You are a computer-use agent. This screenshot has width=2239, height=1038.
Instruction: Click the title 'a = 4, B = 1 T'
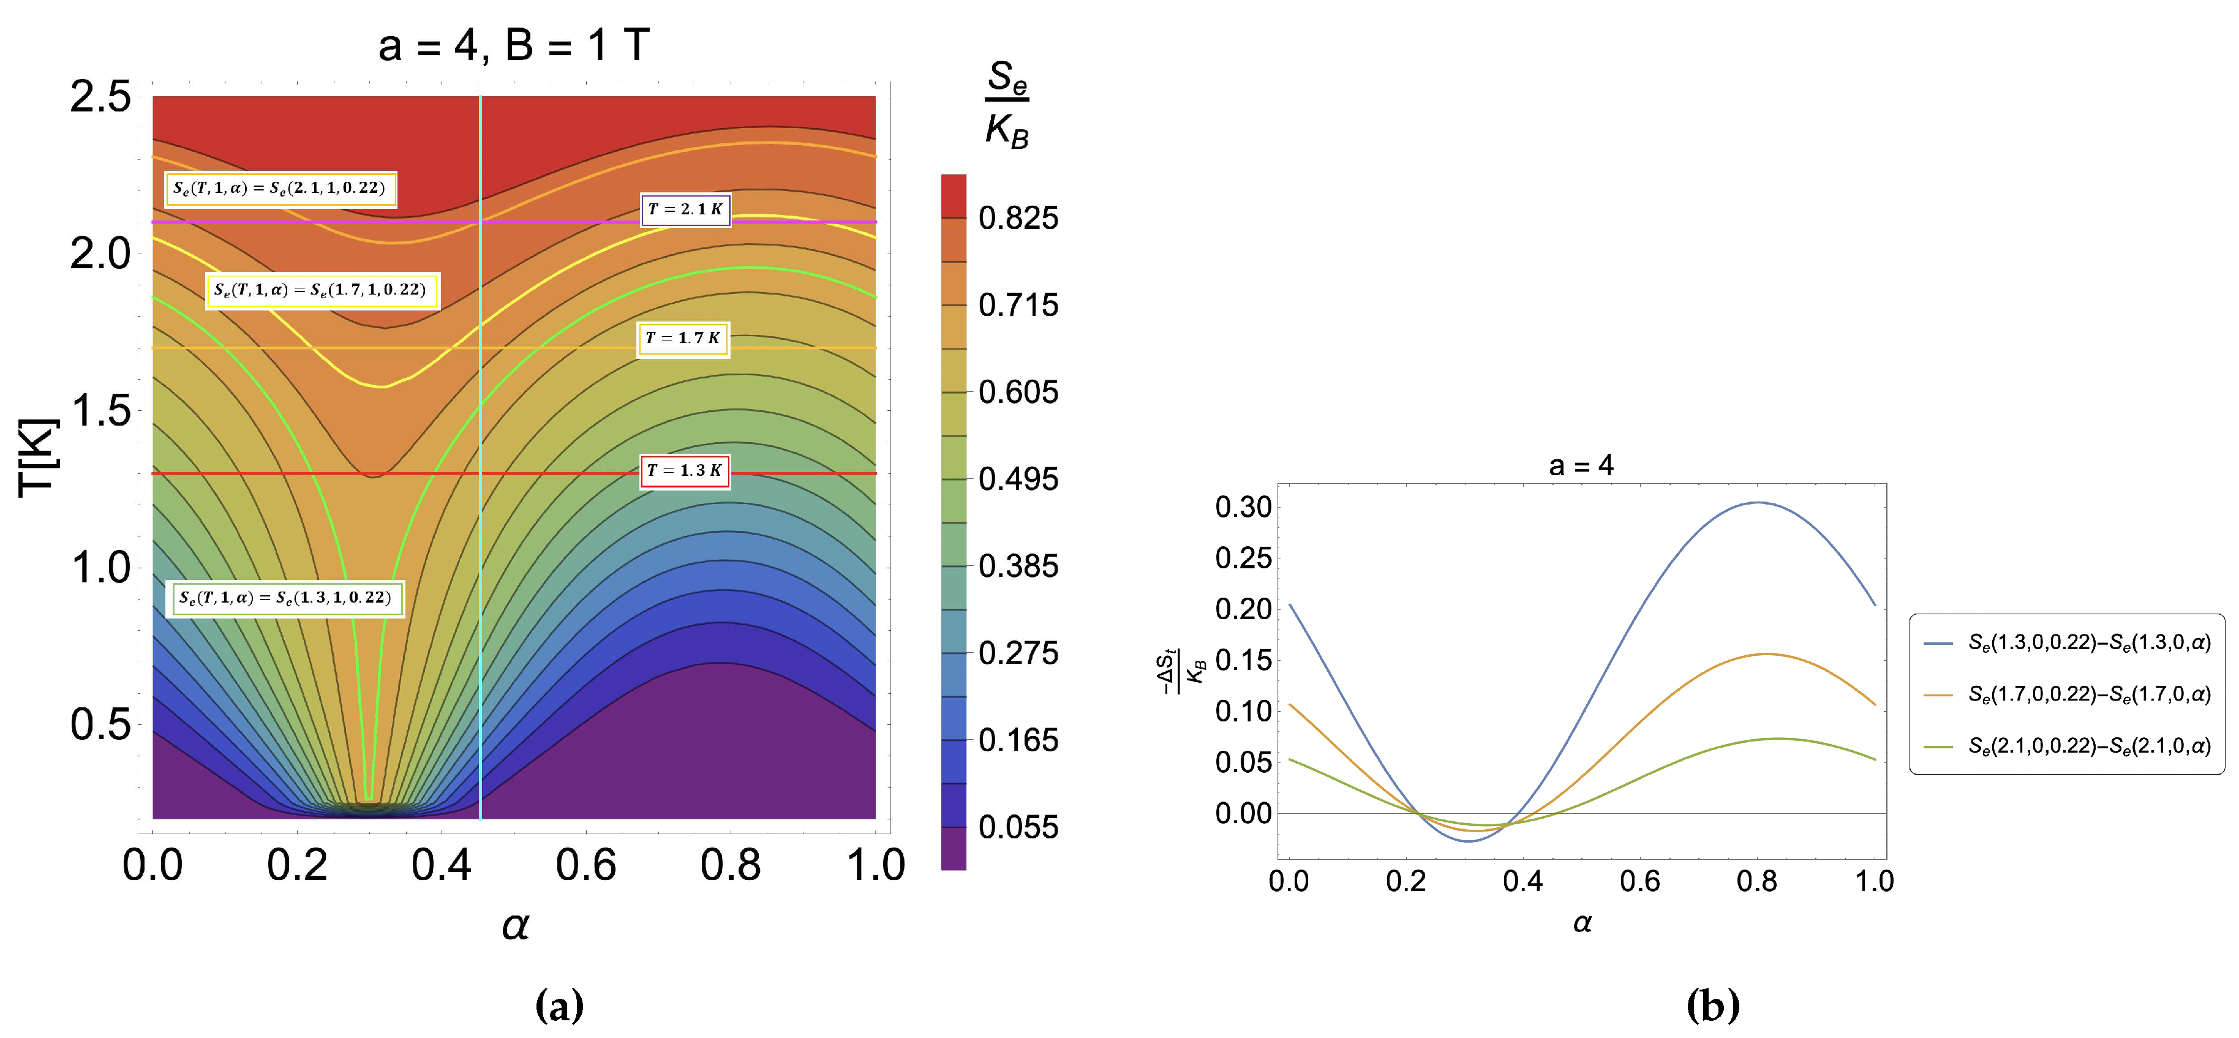coord(514,45)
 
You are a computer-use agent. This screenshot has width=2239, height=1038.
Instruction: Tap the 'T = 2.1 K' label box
coord(685,209)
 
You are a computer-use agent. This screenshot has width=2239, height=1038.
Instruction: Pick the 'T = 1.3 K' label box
coord(684,471)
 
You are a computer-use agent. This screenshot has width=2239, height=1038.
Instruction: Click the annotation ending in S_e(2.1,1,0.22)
coord(280,189)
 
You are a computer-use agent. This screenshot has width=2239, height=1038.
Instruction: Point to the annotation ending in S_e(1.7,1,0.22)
coord(321,290)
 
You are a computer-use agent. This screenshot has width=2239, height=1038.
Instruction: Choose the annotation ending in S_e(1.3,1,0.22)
coord(284,598)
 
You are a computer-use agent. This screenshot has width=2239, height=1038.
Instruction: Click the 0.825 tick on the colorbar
coord(1018,218)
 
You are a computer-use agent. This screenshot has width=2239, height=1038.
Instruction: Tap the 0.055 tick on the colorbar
coord(1018,827)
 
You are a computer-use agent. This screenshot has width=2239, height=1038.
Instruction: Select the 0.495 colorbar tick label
coord(1018,479)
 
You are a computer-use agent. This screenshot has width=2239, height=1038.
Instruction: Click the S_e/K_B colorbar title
coord(1006,104)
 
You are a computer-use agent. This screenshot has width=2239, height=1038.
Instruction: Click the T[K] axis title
coord(38,457)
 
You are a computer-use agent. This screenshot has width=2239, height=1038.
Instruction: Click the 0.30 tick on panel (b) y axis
coord(1243,507)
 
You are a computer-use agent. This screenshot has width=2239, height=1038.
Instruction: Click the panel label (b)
coord(1712,1006)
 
